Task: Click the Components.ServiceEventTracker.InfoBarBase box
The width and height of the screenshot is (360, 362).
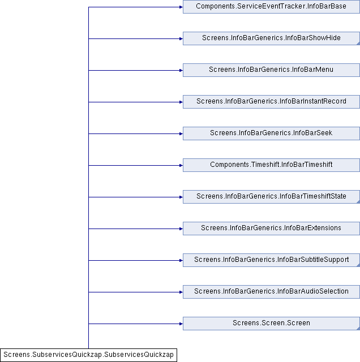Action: (x=271, y=7)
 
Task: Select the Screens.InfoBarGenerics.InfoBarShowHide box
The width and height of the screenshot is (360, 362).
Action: (x=271, y=38)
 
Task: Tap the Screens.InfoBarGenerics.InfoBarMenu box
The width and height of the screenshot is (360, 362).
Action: (x=271, y=70)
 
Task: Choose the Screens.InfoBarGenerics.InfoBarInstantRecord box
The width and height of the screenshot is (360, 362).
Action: (x=271, y=102)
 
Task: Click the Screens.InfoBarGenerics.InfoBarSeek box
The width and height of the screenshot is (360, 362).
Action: (x=271, y=133)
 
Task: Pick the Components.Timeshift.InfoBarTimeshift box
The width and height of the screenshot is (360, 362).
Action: (x=271, y=165)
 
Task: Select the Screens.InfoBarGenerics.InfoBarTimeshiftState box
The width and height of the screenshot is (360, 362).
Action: (x=271, y=197)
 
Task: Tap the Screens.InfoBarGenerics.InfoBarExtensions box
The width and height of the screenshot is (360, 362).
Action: (x=271, y=229)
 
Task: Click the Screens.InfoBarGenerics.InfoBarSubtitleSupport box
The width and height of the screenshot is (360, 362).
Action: (x=271, y=260)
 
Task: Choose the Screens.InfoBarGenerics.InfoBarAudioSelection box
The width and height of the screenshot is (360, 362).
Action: (x=271, y=292)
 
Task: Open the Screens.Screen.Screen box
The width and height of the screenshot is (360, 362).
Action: (x=271, y=324)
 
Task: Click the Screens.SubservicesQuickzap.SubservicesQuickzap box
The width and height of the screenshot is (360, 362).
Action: (x=88, y=355)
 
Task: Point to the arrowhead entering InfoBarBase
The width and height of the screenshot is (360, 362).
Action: (x=181, y=7)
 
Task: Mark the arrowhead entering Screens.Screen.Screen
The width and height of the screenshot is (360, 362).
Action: (x=181, y=324)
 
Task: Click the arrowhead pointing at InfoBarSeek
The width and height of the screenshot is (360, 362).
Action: (x=181, y=133)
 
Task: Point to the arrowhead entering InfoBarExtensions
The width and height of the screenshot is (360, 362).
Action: (x=181, y=229)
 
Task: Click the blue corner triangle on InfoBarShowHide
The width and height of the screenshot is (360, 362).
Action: (x=358, y=44)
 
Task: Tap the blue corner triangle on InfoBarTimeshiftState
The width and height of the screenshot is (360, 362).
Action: (x=358, y=202)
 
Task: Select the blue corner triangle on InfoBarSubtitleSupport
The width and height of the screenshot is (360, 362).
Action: (x=358, y=265)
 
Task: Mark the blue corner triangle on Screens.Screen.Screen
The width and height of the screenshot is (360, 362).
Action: (x=358, y=329)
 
